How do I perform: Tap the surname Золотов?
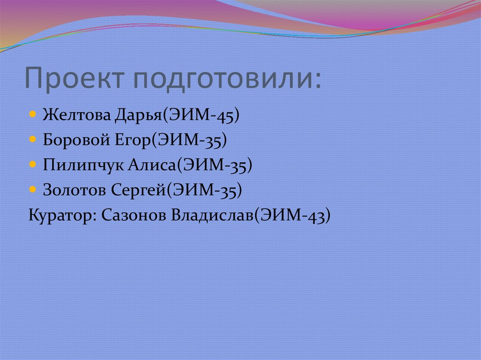pos(75,190)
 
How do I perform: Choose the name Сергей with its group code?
pos(179,191)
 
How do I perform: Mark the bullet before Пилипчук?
pos(32,165)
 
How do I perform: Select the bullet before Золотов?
pos(32,190)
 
